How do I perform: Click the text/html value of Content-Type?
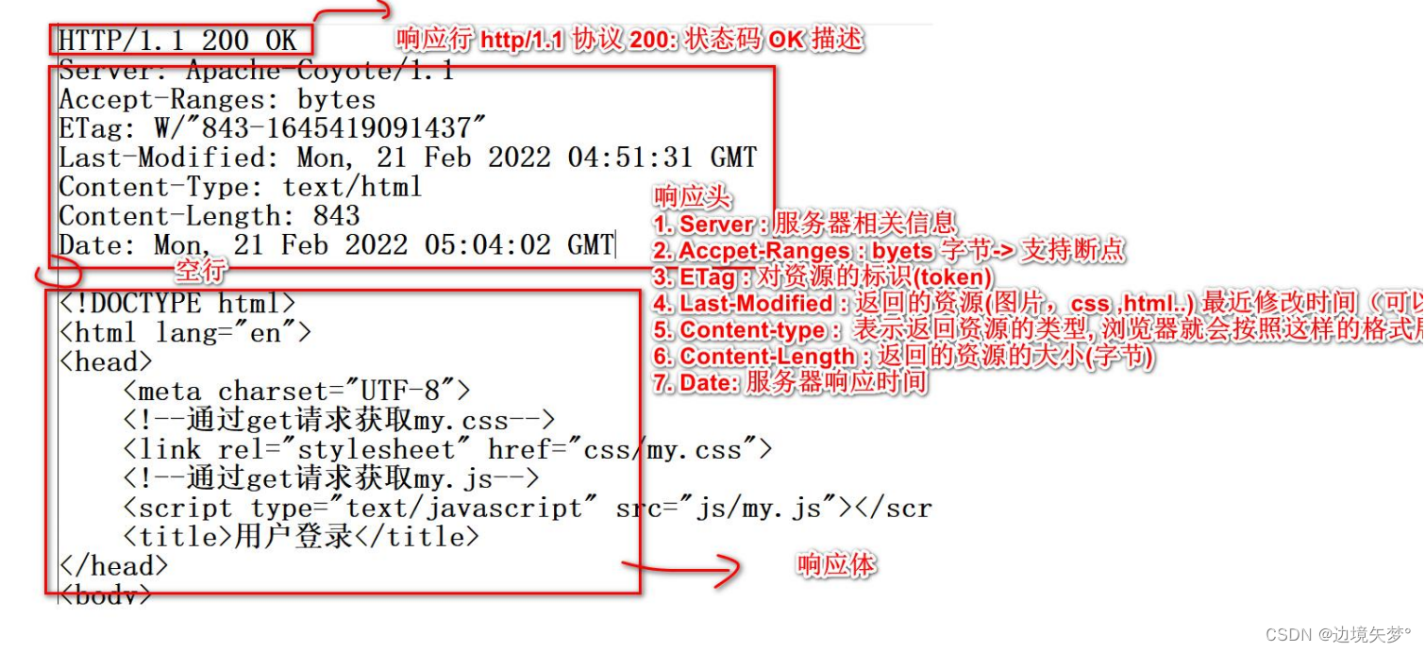click(x=351, y=187)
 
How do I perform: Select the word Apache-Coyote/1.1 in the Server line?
click(x=320, y=71)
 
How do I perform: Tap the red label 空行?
click(x=201, y=272)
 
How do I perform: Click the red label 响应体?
click(x=836, y=565)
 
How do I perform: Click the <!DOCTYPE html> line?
click(x=177, y=304)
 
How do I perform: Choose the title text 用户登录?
click(x=293, y=537)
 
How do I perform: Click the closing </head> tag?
click(x=113, y=566)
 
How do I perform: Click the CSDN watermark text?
click(x=1337, y=633)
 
